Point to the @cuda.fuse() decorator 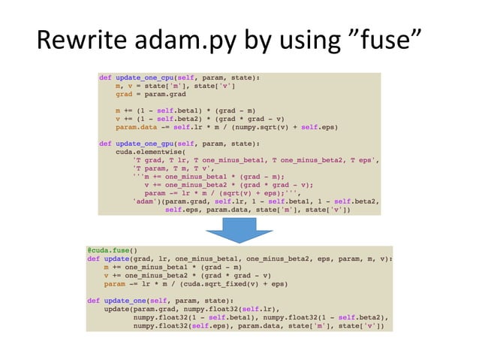coord(113,250)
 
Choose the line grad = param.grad coord(150,94)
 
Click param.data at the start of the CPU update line coord(136,127)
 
